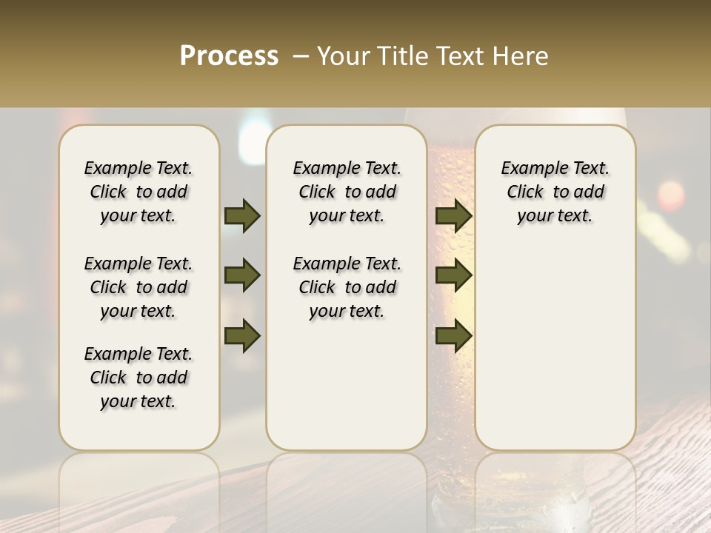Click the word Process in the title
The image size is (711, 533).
[x=229, y=56]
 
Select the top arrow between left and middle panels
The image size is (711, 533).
[x=242, y=216]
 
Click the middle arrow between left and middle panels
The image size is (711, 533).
[x=242, y=276]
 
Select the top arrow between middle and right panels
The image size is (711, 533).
[x=454, y=216]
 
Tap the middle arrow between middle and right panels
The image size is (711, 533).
[x=454, y=276]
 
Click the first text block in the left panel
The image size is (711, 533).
[x=138, y=192]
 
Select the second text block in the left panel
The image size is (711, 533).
[x=138, y=287]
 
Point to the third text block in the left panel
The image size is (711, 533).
[x=138, y=378]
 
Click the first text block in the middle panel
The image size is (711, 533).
[x=347, y=192]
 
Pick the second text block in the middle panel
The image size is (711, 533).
[x=347, y=287]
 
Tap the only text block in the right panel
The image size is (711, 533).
[x=555, y=192]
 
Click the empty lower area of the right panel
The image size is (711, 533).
[x=555, y=348]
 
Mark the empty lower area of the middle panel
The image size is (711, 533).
[x=347, y=385]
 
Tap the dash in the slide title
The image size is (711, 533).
[x=301, y=56]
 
